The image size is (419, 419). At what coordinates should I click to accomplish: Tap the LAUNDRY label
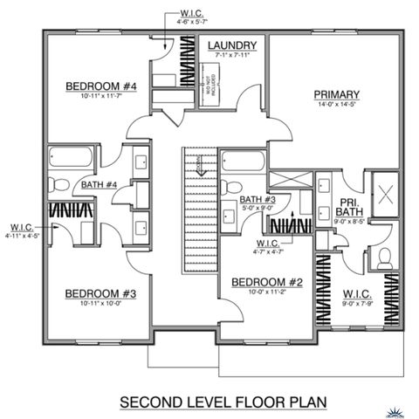coord(231,45)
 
